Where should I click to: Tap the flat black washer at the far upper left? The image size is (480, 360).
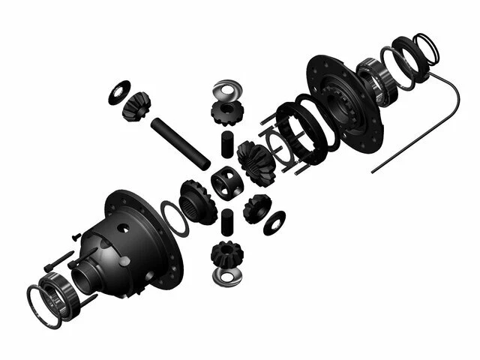pyautogui.click(x=118, y=91)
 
